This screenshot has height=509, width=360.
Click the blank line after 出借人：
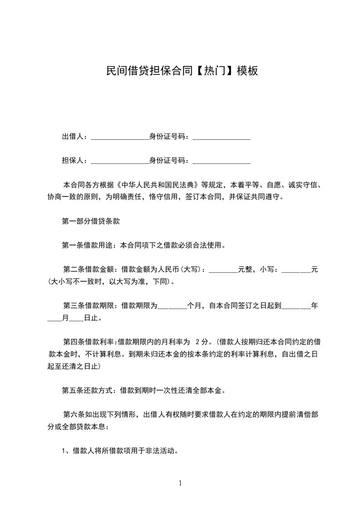(120, 137)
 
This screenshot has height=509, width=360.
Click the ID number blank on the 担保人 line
(222, 162)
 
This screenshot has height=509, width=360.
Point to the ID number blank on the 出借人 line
(222, 137)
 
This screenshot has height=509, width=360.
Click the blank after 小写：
(296, 271)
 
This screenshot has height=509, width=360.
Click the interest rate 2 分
(202, 341)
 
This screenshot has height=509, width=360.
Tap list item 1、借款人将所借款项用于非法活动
(119, 451)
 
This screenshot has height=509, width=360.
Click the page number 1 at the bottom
(180, 483)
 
